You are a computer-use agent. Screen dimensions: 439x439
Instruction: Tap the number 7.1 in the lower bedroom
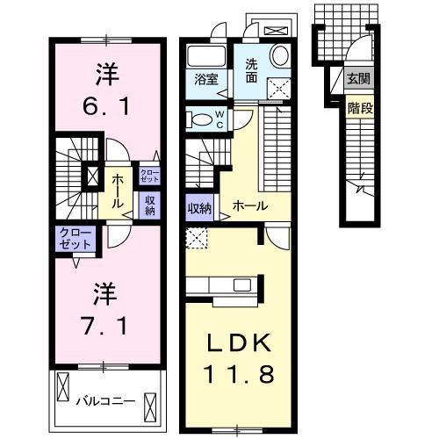click(106, 326)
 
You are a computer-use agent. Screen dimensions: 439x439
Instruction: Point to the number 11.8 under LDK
click(241, 373)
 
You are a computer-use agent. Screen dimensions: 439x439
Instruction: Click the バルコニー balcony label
click(104, 401)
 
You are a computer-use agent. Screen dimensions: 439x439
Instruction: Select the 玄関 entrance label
click(358, 79)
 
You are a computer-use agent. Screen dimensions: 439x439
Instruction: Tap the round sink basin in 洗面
click(281, 55)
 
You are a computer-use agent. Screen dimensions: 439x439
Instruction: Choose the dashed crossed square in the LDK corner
click(197, 237)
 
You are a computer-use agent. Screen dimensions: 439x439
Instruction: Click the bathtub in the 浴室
click(206, 55)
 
